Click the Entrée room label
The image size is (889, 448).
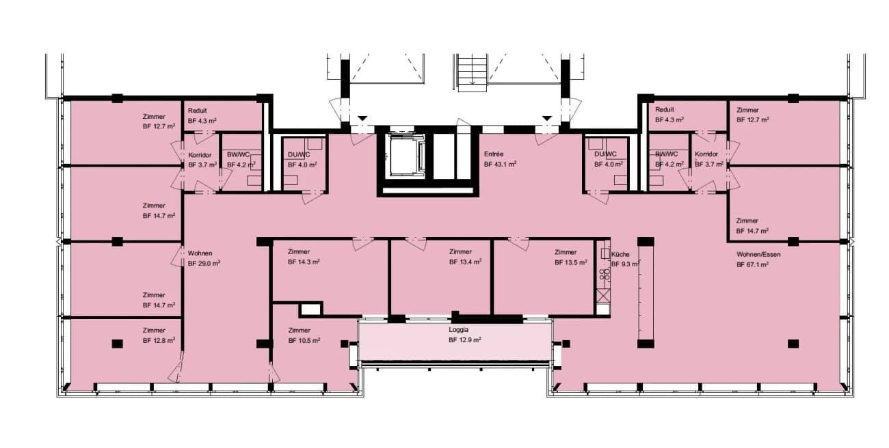(x=494, y=154)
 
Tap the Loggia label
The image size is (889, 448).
(x=458, y=329)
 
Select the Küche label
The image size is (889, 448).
(x=620, y=254)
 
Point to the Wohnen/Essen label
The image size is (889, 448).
(x=758, y=254)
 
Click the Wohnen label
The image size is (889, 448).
(x=200, y=253)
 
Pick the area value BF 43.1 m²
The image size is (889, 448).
(x=500, y=164)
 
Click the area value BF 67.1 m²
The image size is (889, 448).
(x=752, y=264)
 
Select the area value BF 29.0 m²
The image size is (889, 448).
(x=204, y=263)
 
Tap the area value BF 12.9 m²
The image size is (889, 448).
(x=465, y=340)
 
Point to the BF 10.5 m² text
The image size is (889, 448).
(x=304, y=340)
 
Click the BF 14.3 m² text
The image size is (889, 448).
(x=304, y=262)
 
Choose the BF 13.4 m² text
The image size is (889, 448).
(x=466, y=262)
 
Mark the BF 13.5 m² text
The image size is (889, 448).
(x=571, y=262)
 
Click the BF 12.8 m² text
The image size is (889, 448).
(x=159, y=340)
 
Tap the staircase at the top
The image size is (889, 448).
(x=473, y=73)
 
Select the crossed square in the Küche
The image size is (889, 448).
(x=603, y=295)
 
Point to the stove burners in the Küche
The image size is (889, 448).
(x=605, y=274)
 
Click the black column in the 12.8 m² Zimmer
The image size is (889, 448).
(x=117, y=344)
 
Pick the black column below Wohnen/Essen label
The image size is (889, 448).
(x=793, y=344)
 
